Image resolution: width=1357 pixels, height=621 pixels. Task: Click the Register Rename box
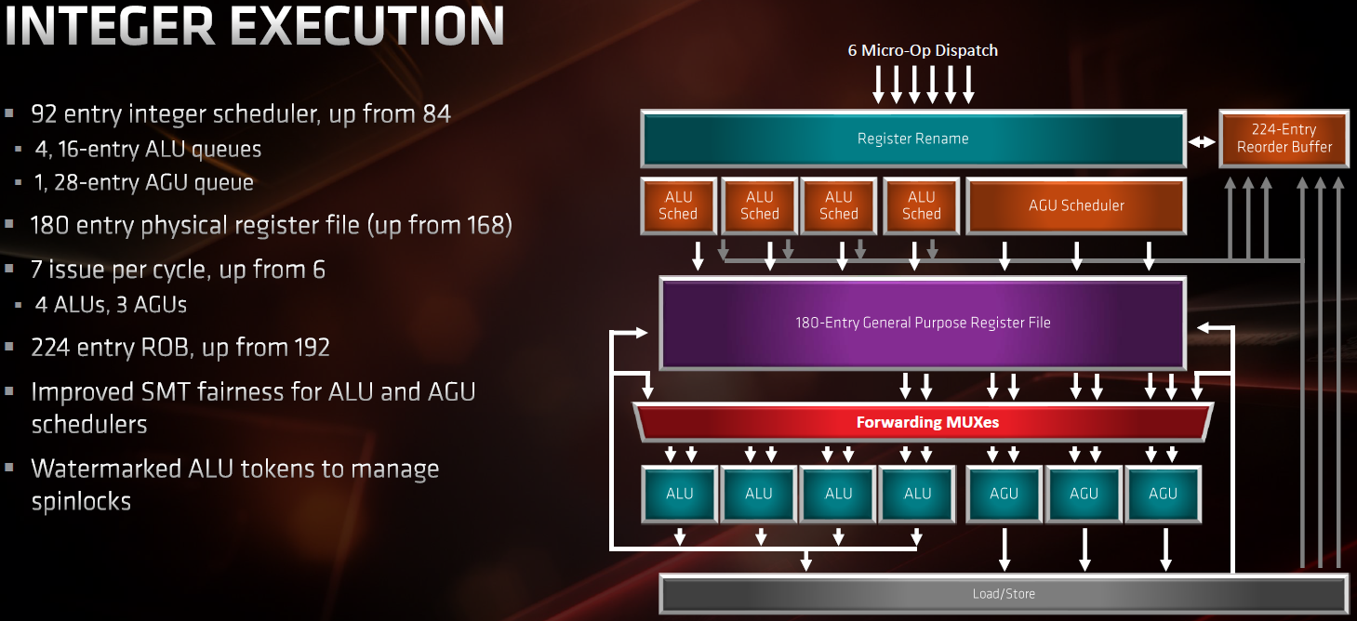(x=913, y=139)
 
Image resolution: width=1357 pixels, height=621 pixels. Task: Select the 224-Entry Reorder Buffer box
(x=1284, y=139)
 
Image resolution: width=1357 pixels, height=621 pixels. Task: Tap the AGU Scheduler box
(x=1076, y=205)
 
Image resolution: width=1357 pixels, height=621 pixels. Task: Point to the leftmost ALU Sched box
(x=679, y=205)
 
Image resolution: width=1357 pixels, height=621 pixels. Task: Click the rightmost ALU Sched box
(x=922, y=205)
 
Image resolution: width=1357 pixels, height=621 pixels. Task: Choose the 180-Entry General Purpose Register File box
(x=923, y=323)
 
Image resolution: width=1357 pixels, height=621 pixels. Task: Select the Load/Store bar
(x=1004, y=594)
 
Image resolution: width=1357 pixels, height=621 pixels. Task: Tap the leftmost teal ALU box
(x=679, y=494)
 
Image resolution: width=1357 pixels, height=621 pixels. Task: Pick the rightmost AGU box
(x=1163, y=494)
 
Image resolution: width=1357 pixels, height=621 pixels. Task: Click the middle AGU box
(x=1084, y=494)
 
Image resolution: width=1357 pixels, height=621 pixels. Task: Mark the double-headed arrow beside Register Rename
(x=1202, y=142)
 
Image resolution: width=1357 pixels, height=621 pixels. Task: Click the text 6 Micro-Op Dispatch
(x=923, y=50)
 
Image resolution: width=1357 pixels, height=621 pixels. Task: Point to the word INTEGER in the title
(x=110, y=26)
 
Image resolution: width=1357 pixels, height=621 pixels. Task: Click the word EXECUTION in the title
(x=367, y=26)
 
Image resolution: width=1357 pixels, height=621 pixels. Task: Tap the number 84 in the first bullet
(x=436, y=113)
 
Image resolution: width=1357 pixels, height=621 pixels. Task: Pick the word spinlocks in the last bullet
(x=81, y=502)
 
